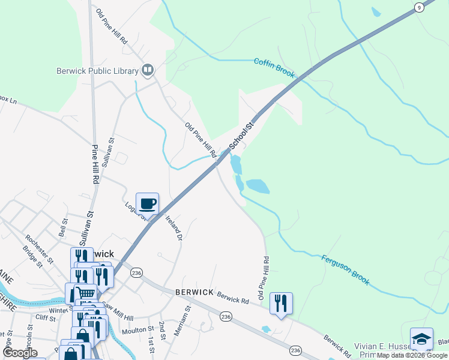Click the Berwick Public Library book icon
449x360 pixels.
[x=147, y=71]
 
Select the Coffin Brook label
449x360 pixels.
[x=274, y=67]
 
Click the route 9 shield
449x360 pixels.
[x=419, y=7]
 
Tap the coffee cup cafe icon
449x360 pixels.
[x=148, y=204]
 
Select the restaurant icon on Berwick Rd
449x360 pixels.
[x=281, y=303]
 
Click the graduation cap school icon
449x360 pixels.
[x=421, y=339]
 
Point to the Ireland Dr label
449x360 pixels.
[x=175, y=227]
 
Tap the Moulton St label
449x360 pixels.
[x=137, y=330]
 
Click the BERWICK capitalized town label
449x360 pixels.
[x=194, y=292]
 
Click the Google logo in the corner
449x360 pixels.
[x=20, y=353]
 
